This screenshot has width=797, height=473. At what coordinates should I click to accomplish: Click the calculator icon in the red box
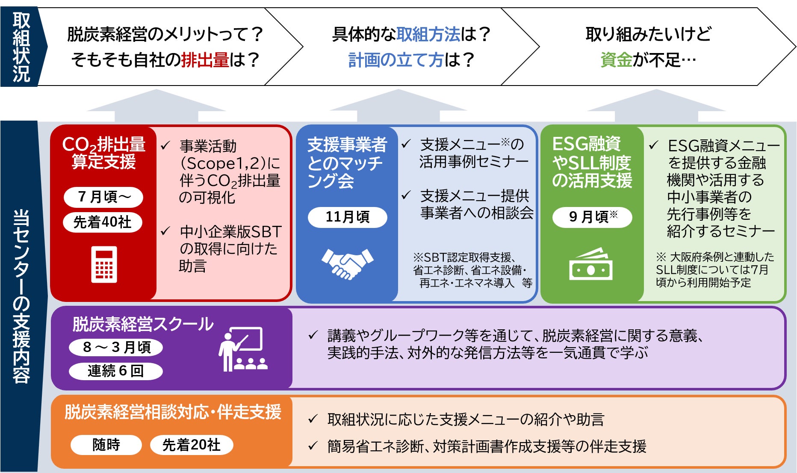coord(104,264)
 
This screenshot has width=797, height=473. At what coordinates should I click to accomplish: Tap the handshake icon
coord(347,263)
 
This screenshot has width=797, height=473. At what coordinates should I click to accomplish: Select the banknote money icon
coord(590,264)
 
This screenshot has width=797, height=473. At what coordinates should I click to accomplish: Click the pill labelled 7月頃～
coord(103,197)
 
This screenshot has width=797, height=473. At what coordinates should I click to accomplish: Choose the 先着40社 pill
coord(103,222)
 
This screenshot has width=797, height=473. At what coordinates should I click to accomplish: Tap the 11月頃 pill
coord(347,217)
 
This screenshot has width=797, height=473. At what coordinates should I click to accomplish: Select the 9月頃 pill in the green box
coord(592,217)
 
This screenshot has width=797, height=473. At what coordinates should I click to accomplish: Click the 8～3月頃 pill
coord(116,347)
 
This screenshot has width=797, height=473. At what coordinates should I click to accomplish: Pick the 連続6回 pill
coord(116,371)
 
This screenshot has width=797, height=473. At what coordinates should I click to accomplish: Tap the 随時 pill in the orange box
coord(106,445)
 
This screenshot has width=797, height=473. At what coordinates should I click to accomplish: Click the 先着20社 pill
coord(191,445)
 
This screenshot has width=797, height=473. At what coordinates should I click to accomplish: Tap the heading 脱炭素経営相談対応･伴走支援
coord(173,412)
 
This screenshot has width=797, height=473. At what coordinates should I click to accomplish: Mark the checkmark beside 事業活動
coord(165,146)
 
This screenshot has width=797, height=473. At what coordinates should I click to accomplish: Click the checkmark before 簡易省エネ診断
coord(313,446)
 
